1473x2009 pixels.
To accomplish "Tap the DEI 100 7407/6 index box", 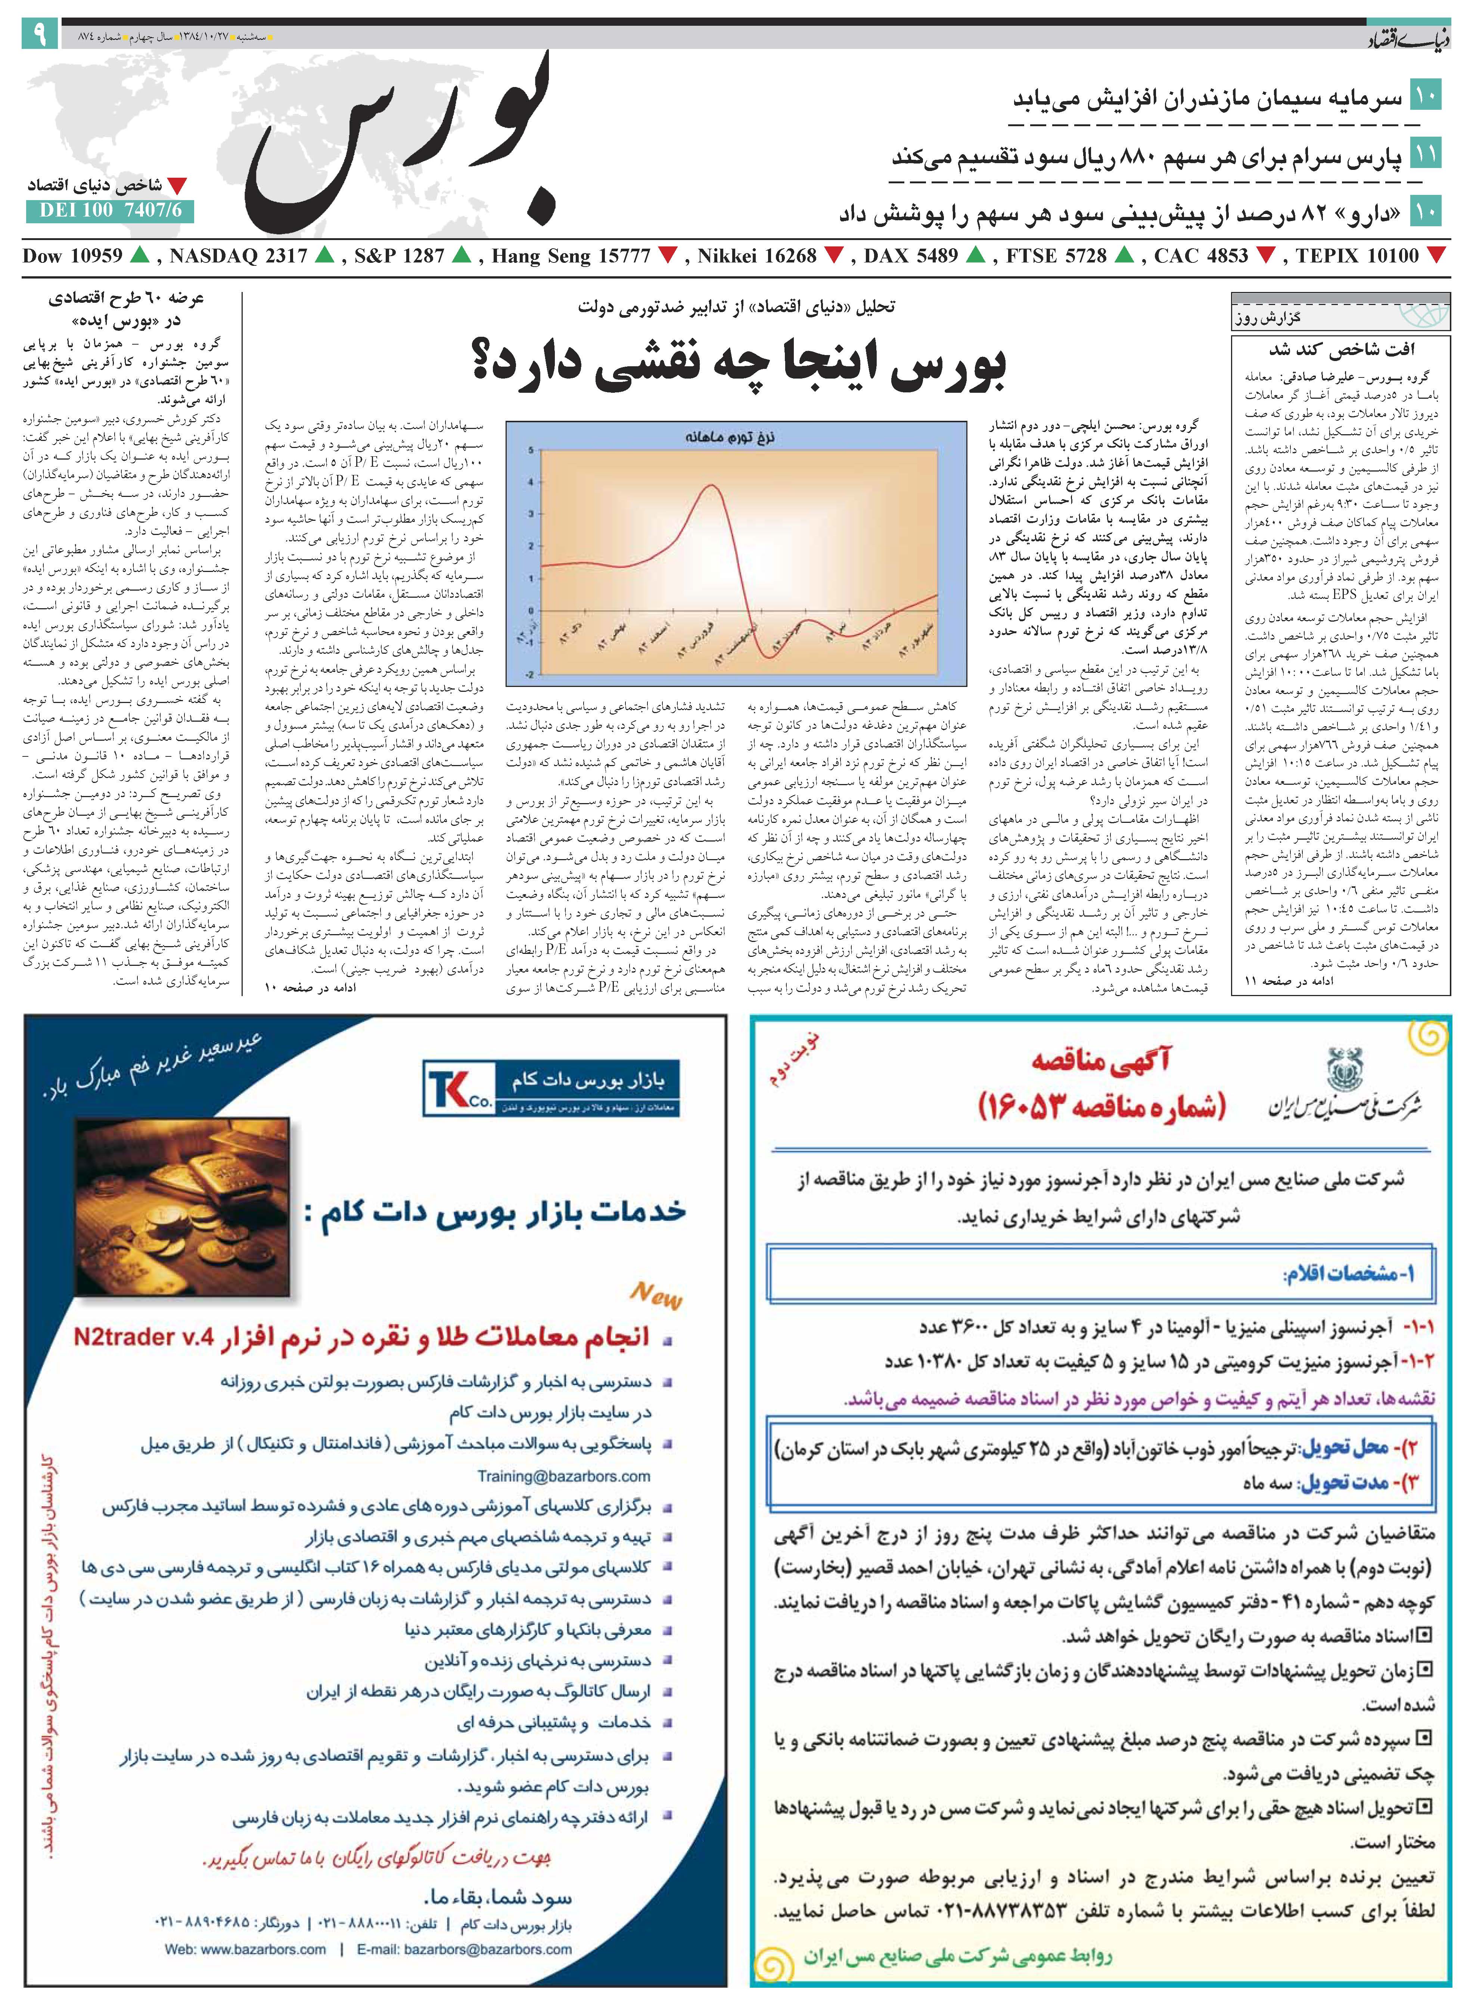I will [x=110, y=210].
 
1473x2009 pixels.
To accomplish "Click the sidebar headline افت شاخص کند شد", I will [x=1342, y=348].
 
